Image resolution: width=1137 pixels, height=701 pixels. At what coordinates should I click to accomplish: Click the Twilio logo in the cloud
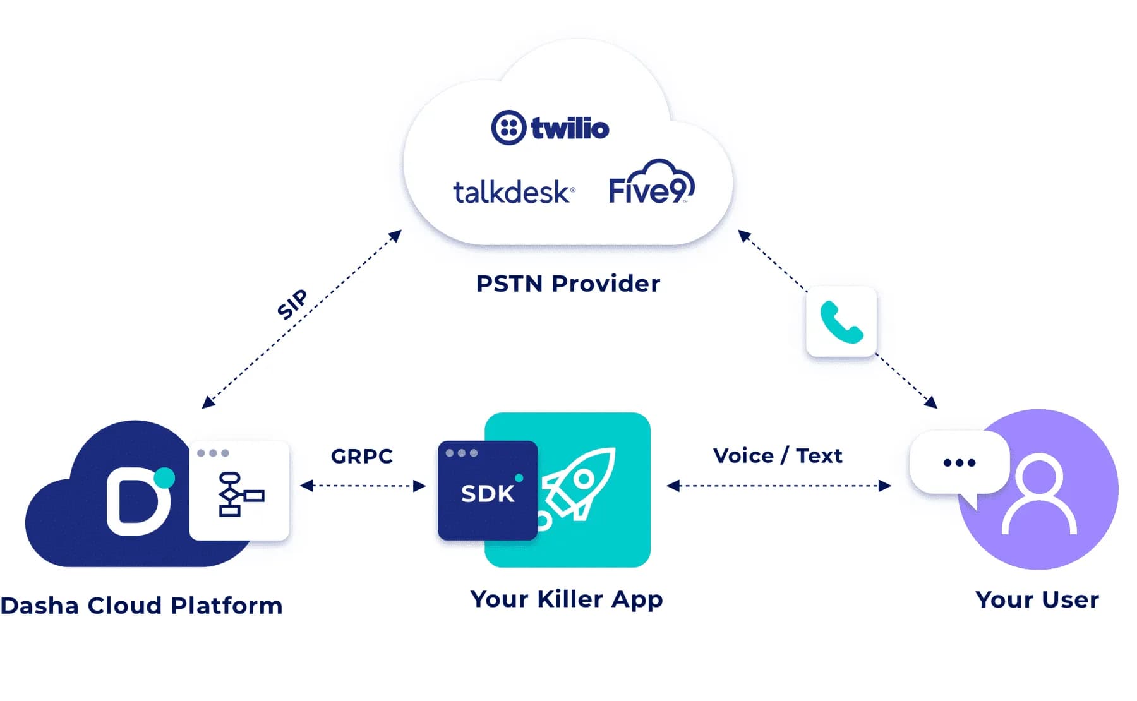point(550,128)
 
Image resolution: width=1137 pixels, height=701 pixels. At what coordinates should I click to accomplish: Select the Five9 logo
point(651,183)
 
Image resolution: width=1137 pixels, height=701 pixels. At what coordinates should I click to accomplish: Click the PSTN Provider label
point(568,284)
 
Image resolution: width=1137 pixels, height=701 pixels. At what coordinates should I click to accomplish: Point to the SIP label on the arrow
point(292,304)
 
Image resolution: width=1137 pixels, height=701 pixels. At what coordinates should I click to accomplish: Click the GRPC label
point(362,456)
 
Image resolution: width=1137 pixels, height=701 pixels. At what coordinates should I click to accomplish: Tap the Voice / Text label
point(778,455)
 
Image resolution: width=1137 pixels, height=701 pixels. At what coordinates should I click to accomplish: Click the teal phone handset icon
point(841,322)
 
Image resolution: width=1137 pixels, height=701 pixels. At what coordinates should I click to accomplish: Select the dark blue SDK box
point(488,491)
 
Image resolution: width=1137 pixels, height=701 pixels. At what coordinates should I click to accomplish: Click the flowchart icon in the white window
point(240,494)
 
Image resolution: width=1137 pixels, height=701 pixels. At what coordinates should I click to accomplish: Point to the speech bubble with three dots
point(959,466)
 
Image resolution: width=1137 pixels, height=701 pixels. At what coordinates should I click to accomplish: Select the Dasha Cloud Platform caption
point(141,606)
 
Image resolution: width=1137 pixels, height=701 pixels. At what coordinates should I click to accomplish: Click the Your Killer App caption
point(567,599)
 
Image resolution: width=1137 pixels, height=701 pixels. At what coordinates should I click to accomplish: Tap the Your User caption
point(1037,599)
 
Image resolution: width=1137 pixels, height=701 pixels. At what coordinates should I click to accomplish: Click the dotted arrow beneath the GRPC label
point(363,486)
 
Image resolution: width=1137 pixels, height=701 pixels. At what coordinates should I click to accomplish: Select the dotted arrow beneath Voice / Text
point(779,486)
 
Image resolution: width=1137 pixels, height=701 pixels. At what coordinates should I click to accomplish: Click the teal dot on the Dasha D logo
point(164,478)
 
